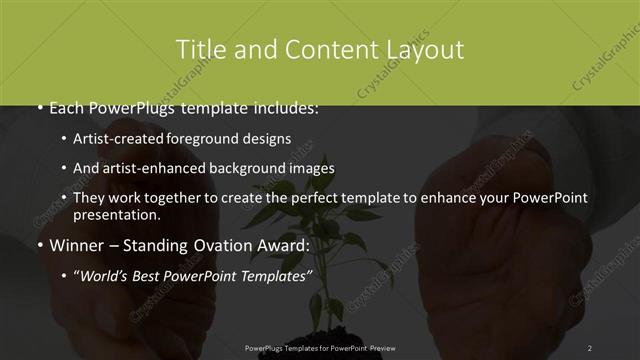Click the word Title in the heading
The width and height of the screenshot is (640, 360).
[201, 49]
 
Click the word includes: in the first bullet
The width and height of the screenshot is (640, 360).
[282, 107]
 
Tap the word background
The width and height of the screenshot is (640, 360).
[242, 168]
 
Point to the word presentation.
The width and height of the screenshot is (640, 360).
[117, 215]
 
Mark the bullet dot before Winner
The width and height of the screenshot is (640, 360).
[39, 245]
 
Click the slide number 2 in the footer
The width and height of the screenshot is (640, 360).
[590, 347]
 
